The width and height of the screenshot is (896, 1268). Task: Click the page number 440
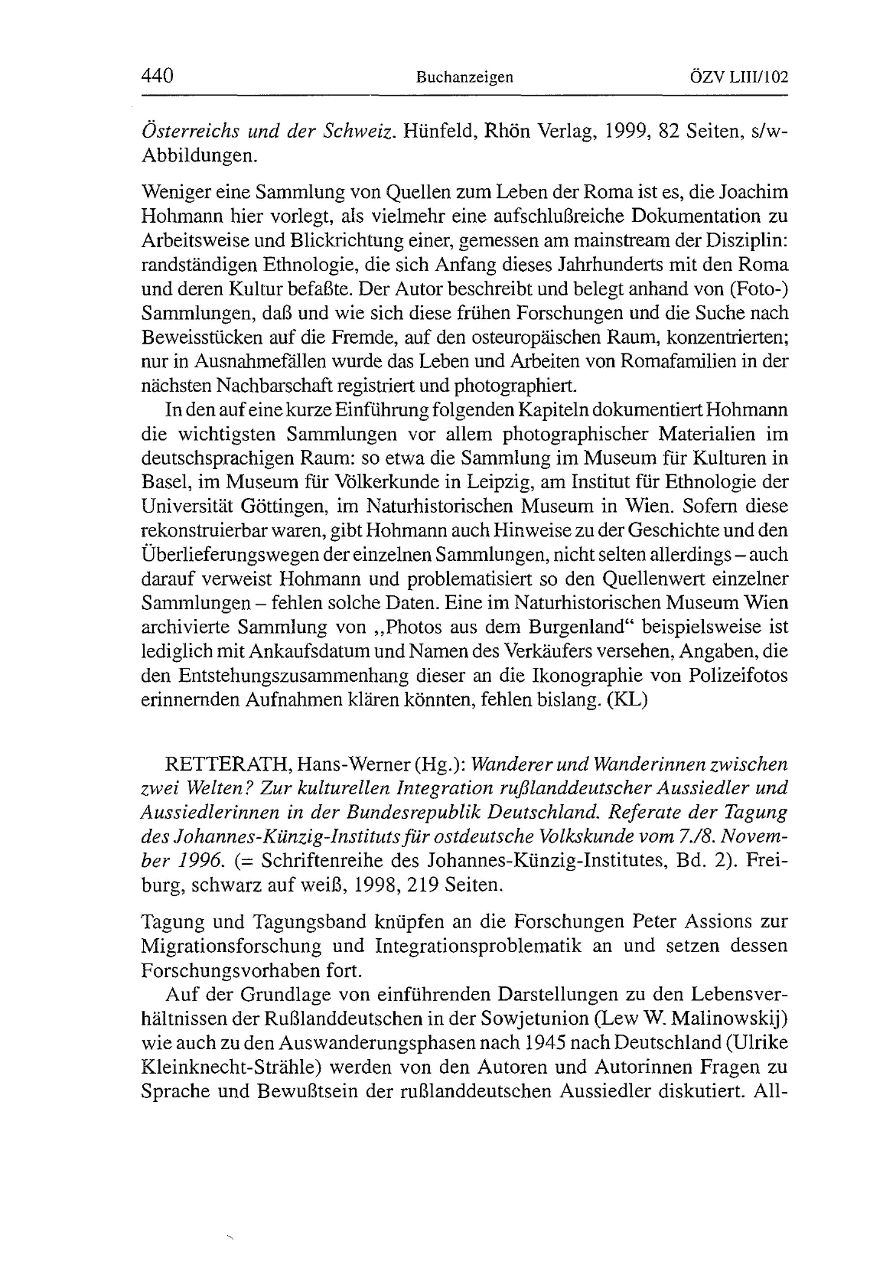(x=158, y=76)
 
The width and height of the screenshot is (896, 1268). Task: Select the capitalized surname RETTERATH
(x=228, y=765)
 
